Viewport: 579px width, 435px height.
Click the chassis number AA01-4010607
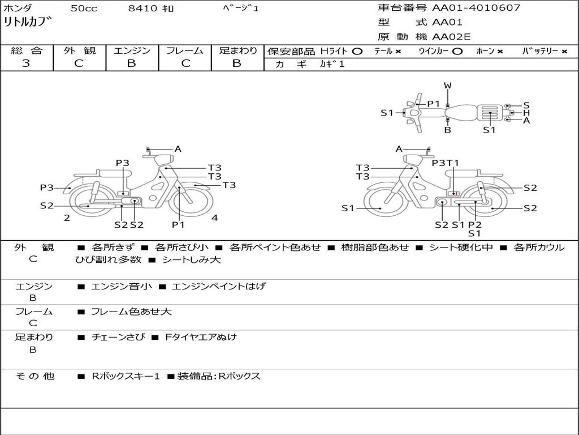point(476,8)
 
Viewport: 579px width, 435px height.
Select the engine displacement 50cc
point(83,8)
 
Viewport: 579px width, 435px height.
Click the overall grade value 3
point(26,63)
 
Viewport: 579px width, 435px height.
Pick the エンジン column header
point(132,50)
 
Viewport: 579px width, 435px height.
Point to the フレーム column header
point(184,50)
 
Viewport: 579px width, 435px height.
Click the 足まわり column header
point(237,50)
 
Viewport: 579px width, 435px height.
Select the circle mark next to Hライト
point(357,51)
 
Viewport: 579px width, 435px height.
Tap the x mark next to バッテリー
point(564,51)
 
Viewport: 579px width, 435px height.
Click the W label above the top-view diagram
point(448,86)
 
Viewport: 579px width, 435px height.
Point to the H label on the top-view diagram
point(526,113)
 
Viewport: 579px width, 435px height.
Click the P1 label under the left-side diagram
point(179,224)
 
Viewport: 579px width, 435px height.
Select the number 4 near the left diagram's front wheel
point(215,217)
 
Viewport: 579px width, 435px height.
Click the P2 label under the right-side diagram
point(475,224)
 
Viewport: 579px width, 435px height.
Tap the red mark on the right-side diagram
point(457,193)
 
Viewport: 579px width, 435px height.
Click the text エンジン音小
point(122,287)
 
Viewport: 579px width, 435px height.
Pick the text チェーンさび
point(118,337)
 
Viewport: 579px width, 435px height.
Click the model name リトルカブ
point(28,23)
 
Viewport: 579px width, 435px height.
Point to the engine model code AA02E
point(451,37)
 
